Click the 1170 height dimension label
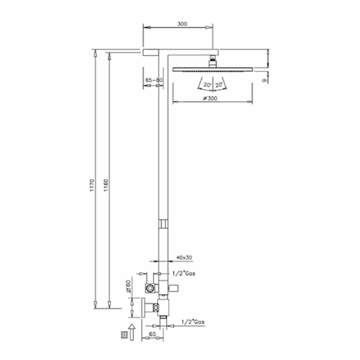92,185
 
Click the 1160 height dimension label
105,185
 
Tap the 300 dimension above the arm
182,24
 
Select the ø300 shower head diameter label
210,98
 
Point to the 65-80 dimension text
154,80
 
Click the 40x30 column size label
184,258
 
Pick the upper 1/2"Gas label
184,274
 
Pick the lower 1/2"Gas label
193,322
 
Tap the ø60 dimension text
129,286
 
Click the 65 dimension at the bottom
152,334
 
